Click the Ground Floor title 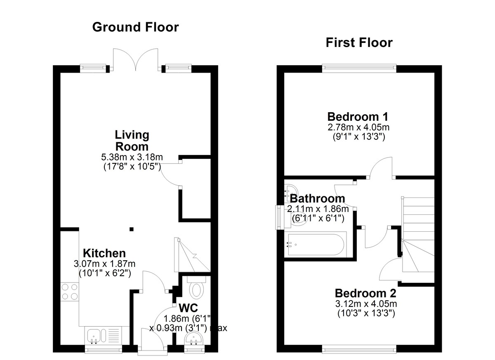[x=135, y=27]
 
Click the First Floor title [x=359, y=42]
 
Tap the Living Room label [x=132, y=141]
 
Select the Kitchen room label [x=104, y=253]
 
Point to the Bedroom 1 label [x=358, y=117]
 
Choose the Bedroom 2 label [x=365, y=294]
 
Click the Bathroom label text [x=317, y=199]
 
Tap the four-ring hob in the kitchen [x=70, y=292]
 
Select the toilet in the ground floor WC [x=196, y=287]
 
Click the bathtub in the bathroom [x=316, y=245]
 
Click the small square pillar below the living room [x=132, y=229]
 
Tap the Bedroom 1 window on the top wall [x=359, y=68]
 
